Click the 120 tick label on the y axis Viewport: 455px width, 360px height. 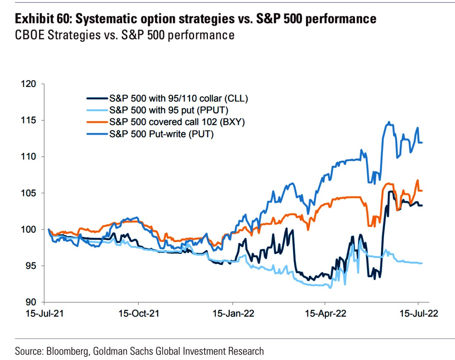28,84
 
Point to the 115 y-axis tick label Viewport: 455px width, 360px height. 28,120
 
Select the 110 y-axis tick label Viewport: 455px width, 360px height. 28,156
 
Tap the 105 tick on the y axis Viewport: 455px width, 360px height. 28,193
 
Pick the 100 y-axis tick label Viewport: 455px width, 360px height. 28,229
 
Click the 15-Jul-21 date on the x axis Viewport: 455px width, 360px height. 45,314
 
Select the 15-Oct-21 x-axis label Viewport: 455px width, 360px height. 139,314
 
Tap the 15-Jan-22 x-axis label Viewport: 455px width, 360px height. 233,314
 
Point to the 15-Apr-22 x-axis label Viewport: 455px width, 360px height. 325,314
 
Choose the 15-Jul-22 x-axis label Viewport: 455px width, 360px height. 419,314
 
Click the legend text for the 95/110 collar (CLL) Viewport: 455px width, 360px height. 178,99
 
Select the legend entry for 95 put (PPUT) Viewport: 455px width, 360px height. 168,110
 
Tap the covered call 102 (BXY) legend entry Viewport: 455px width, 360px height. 177,122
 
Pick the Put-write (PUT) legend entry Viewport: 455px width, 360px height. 161,134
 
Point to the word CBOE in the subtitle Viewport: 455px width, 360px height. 29,35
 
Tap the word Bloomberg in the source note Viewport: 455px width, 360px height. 68,351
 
